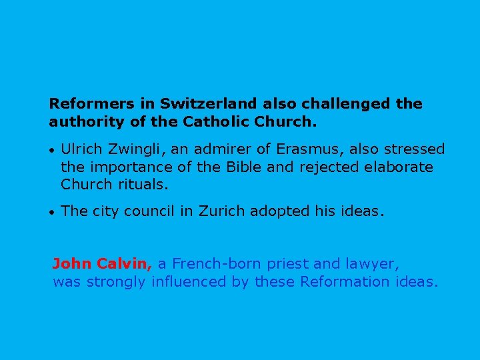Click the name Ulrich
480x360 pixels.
coord(82,149)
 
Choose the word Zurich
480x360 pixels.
coord(223,211)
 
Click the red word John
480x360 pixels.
coord(72,264)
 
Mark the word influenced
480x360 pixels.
coord(189,281)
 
